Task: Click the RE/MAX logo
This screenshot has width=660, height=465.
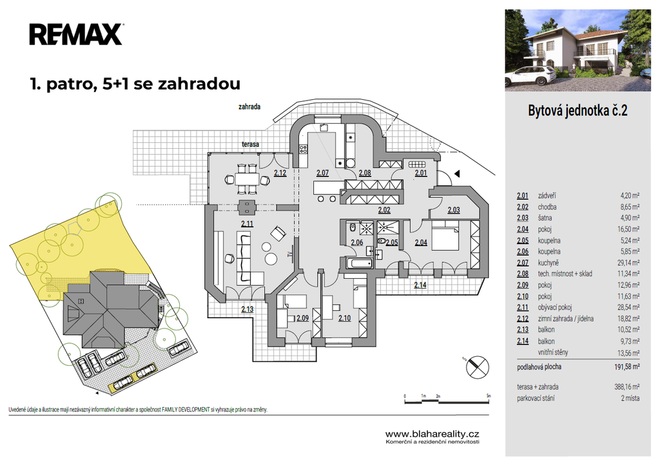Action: pyautogui.click(x=76, y=35)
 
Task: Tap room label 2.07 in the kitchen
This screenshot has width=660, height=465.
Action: pyautogui.click(x=322, y=173)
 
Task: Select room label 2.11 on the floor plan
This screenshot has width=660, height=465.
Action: pyautogui.click(x=247, y=223)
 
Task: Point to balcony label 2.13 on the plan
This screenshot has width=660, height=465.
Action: pyautogui.click(x=247, y=309)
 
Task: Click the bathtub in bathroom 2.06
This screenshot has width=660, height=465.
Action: pyautogui.click(x=359, y=263)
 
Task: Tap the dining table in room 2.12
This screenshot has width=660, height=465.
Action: pyautogui.click(x=247, y=180)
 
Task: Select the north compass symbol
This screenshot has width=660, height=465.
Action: pyautogui.click(x=478, y=366)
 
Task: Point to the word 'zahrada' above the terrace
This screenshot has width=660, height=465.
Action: pyautogui.click(x=249, y=107)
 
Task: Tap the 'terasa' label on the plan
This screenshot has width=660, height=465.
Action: pyautogui.click(x=250, y=144)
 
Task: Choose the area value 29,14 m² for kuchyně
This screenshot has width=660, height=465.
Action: pyautogui.click(x=628, y=263)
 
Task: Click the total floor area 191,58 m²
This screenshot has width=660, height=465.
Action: pyautogui.click(x=626, y=366)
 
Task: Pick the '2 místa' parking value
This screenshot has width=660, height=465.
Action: pyautogui.click(x=630, y=398)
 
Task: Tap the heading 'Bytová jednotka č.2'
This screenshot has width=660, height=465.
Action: pyautogui.click(x=577, y=111)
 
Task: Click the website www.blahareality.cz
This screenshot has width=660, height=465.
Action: pyautogui.click(x=432, y=434)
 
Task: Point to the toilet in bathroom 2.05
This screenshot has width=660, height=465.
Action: pyautogui.click(x=382, y=242)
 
